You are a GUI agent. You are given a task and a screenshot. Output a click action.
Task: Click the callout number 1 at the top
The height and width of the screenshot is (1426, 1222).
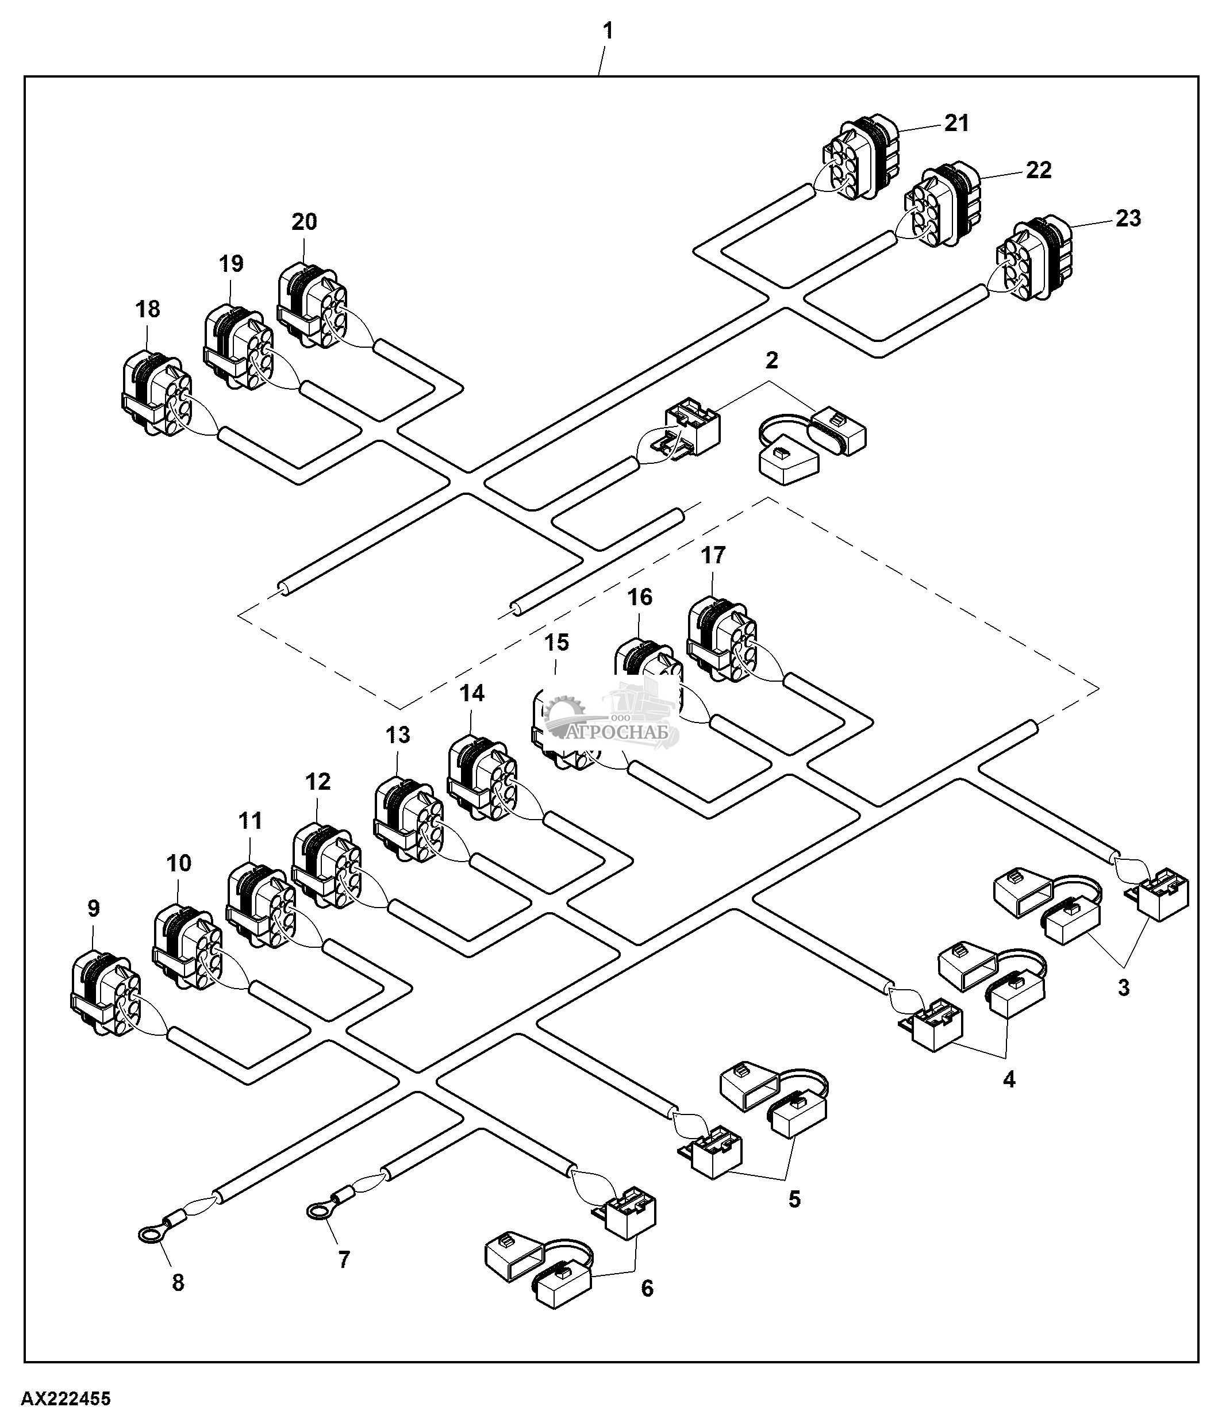click(608, 32)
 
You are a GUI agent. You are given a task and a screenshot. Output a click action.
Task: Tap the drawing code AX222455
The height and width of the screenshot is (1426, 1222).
click(66, 1399)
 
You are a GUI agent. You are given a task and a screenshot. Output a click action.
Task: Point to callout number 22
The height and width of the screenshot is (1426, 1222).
click(1038, 170)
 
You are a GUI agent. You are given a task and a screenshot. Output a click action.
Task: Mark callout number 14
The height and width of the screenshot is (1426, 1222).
click(472, 694)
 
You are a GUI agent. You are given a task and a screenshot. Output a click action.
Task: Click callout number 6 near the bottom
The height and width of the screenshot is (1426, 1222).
click(647, 1289)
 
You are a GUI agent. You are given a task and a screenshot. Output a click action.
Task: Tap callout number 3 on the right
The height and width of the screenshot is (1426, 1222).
click(1123, 988)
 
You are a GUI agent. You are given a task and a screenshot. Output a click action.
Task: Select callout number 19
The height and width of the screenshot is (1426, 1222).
click(231, 264)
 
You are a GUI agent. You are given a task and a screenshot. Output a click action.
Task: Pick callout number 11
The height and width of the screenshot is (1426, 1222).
click(251, 821)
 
